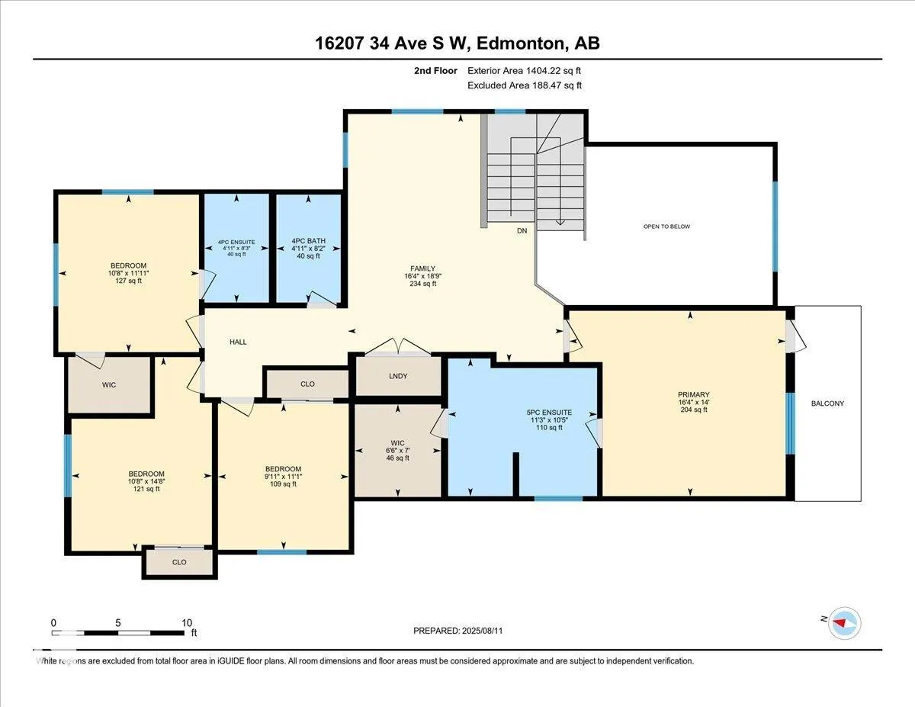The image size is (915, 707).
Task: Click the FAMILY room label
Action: coord(422,268)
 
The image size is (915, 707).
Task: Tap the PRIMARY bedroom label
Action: coord(694,394)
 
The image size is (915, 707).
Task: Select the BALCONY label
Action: coord(827,403)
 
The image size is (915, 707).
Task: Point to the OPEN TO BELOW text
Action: coord(666,227)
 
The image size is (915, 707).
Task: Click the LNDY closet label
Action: coord(398,376)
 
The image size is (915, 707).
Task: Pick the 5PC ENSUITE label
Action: coord(549,413)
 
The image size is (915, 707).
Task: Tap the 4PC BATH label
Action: coord(308,241)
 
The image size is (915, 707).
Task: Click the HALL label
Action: coord(238,342)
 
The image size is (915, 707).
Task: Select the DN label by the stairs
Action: coord(522,231)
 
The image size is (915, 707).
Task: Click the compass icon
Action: coord(844,622)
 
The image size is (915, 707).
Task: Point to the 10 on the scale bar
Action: coord(187,623)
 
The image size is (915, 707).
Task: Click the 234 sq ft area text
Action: coord(422,284)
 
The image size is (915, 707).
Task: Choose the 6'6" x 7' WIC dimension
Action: coord(397,450)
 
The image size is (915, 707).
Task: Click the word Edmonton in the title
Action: coord(521,43)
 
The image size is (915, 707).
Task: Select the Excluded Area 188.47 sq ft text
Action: coord(525,85)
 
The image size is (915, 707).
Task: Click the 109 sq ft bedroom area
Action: coord(283,484)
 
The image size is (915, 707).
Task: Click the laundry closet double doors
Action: coord(398,347)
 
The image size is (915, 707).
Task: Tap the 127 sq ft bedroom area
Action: coord(128,281)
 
